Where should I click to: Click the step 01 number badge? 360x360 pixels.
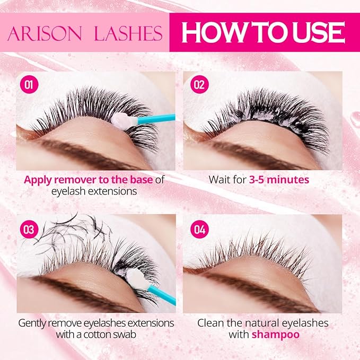(29, 84)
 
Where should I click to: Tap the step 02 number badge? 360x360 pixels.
(199, 84)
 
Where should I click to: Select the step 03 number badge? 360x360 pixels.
(29, 230)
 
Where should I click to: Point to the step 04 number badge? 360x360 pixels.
(199, 230)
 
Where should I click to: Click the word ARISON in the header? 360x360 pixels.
(45, 33)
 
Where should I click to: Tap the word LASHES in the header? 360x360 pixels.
(128, 33)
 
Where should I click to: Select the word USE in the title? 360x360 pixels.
(319, 32)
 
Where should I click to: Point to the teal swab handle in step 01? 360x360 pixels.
(156, 118)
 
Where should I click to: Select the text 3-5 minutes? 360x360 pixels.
(279, 180)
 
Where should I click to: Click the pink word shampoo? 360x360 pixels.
(276, 335)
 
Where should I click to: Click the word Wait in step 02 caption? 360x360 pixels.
(219, 180)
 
